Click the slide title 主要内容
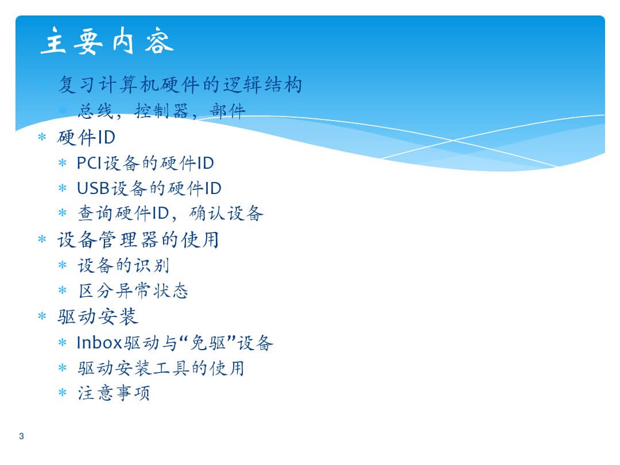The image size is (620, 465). click(x=107, y=41)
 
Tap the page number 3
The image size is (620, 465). click(x=21, y=436)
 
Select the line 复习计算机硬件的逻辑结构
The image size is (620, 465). click(x=180, y=84)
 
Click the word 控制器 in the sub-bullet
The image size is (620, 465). click(x=161, y=111)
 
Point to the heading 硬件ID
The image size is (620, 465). click(x=86, y=137)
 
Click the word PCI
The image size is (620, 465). click(x=90, y=163)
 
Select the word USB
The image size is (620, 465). click(x=94, y=188)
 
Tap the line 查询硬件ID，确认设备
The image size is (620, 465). click(x=170, y=214)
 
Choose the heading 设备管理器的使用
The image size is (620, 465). click(x=138, y=239)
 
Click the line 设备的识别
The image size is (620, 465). click(x=123, y=265)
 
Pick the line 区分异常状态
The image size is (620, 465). click(x=133, y=290)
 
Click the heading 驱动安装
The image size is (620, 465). click(x=98, y=317)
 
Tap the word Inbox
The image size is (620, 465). click(x=100, y=342)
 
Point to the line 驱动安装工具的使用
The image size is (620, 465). click(x=161, y=368)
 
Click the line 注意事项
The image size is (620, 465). click(x=114, y=393)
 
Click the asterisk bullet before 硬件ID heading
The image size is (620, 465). click(x=42, y=137)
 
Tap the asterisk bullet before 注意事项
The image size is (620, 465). click(x=63, y=393)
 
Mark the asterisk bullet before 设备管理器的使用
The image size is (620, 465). click(x=42, y=239)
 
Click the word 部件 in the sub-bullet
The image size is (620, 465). click(x=228, y=111)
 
